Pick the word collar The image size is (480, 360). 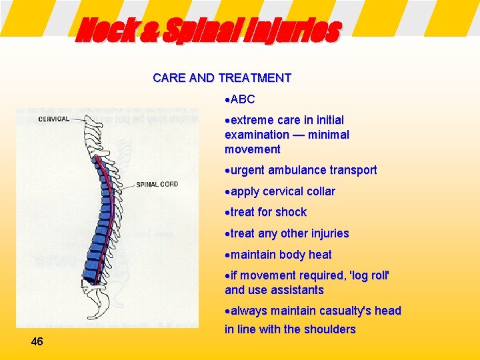pyautogui.click(x=320, y=191)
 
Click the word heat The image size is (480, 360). pyautogui.click(x=319, y=255)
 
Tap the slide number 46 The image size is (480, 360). pyautogui.click(x=37, y=341)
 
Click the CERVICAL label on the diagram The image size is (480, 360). pyautogui.click(x=54, y=119)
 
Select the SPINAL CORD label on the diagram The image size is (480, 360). pyautogui.click(x=157, y=184)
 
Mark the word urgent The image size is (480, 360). pyautogui.click(x=247, y=170)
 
